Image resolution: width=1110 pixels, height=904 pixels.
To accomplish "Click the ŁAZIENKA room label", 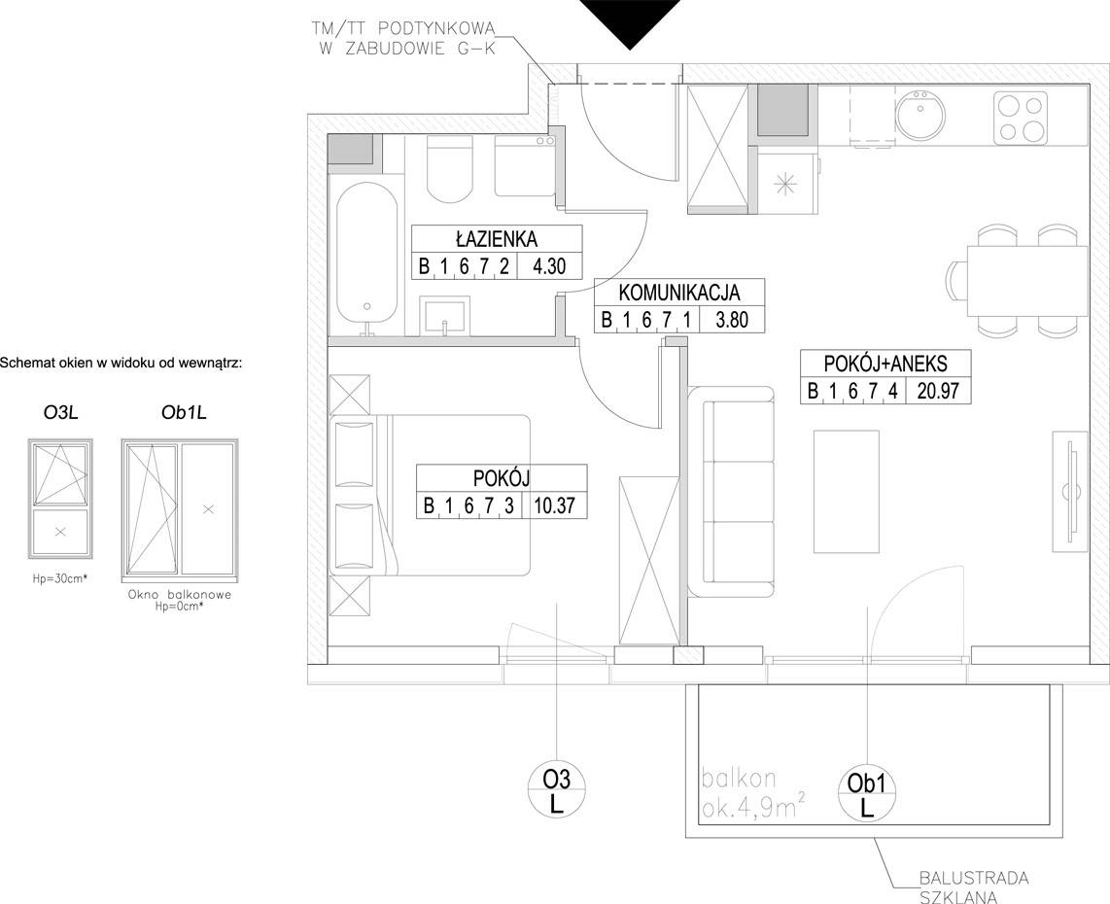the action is coord(497,238).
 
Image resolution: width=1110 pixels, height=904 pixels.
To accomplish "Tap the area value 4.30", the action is coord(549,266).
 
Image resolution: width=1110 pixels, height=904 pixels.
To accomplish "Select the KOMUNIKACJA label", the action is coord(678,292).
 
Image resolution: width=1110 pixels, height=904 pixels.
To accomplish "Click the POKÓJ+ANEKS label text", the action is coord(885,364).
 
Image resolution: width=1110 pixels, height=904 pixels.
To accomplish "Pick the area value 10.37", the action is coord(555,505).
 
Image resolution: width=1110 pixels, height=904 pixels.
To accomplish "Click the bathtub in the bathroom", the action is coord(366,260).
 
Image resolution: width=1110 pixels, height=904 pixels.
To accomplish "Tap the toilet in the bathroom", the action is coord(449,169).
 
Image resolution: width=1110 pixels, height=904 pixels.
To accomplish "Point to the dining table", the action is coord(1027,280).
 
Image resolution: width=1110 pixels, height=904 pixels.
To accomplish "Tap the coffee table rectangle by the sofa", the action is coord(847,491).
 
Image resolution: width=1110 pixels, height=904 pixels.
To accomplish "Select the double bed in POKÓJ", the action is coord(431,495).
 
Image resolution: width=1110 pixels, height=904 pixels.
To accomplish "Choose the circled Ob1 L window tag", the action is coord(866,795).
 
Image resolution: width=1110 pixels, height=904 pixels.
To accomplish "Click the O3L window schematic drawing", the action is coord(60,499).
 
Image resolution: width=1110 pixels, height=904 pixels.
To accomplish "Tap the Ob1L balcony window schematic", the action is coord(179,507).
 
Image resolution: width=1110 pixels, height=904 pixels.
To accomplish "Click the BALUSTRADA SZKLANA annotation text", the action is coord(973,887).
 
